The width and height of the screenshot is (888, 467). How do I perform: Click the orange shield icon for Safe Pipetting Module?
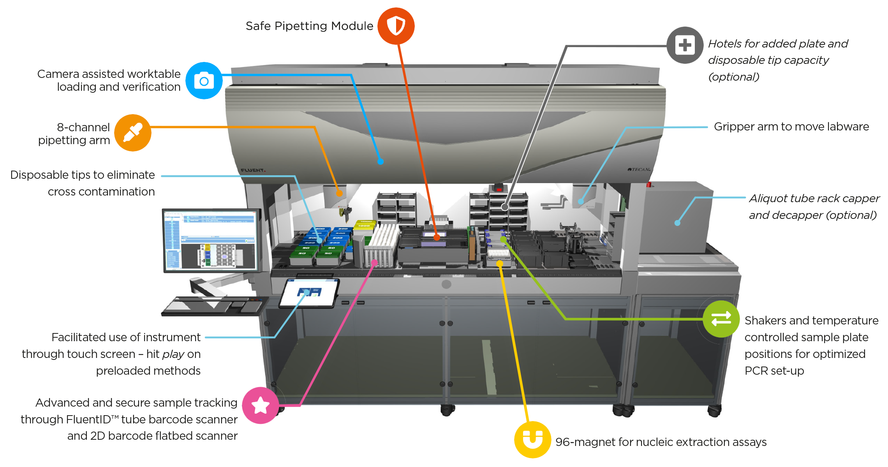tap(396, 26)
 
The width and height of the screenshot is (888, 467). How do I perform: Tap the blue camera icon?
tap(204, 81)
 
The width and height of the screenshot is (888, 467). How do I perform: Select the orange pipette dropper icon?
tap(133, 133)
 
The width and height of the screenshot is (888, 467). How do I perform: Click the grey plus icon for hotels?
tap(685, 45)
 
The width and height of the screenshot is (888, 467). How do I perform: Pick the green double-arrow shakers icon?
tap(721, 319)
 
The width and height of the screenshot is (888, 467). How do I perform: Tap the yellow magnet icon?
tap(532, 439)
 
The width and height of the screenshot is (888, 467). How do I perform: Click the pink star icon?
tap(260, 405)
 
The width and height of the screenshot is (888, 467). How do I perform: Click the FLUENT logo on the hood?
tap(253, 170)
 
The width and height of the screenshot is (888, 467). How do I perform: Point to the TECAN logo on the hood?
tap(639, 169)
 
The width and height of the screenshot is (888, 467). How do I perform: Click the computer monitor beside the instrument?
tap(211, 240)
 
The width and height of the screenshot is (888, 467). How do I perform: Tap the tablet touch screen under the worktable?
tap(309, 293)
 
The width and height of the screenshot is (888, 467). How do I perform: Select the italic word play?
tap(173, 354)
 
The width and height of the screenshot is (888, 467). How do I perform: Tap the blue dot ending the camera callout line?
tap(381, 161)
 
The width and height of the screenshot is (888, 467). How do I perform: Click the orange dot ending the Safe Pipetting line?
tap(437, 237)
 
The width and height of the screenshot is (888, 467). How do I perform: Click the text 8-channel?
tap(83, 127)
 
